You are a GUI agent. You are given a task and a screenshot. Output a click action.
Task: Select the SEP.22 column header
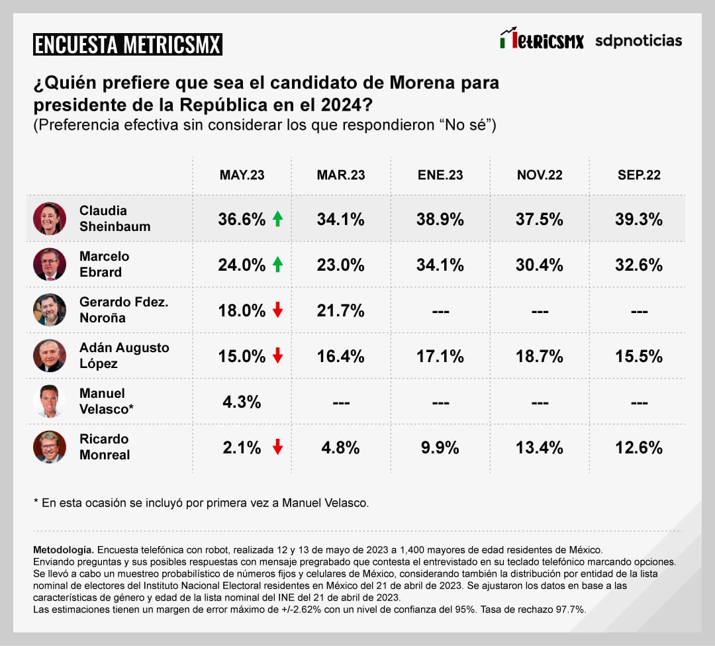639,175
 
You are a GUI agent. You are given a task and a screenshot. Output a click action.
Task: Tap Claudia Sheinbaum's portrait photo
50,218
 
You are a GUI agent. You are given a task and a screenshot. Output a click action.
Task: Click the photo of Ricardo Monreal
50,447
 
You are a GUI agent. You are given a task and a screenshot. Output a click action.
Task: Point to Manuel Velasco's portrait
50,401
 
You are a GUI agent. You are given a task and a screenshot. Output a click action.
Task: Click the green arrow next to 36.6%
277,219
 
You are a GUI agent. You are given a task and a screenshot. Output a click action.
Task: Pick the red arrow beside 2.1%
277,447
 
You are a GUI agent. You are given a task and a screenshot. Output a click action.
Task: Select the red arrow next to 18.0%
277,310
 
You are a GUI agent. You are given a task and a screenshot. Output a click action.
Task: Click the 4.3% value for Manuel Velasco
242,402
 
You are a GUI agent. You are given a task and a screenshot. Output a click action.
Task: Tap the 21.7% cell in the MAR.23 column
341,310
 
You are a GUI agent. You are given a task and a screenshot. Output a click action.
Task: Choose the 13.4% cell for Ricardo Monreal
540,447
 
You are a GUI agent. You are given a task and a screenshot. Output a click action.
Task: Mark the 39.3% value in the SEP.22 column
639,219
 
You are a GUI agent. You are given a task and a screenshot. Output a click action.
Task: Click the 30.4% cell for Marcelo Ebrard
540,265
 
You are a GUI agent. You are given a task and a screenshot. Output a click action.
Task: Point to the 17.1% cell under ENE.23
440,356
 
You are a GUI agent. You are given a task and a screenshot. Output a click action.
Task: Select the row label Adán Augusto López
124,355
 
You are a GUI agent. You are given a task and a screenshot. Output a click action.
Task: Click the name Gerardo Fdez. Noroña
124,310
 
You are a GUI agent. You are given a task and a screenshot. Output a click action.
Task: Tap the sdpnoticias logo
638,41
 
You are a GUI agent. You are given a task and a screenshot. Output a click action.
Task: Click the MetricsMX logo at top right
542,40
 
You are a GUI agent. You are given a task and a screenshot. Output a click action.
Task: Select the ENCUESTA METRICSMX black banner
128,44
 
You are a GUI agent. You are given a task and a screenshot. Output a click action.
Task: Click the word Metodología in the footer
64,550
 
